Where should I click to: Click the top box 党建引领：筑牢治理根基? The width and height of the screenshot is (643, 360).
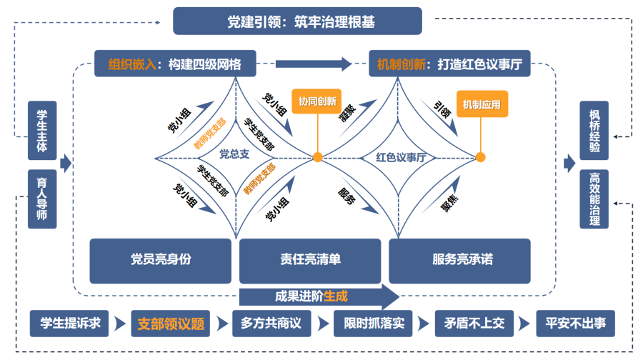pyautogui.click(x=297, y=21)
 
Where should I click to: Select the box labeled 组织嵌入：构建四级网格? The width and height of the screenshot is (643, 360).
pyautogui.click(x=175, y=64)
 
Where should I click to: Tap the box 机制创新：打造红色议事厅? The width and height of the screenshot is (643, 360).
pyautogui.click(x=449, y=64)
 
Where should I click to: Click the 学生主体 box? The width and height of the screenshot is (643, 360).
pyautogui.click(x=42, y=130)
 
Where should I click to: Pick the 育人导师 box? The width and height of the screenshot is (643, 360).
pyautogui.click(x=42, y=199)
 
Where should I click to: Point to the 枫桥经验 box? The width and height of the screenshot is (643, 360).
pyautogui.click(x=594, y=130)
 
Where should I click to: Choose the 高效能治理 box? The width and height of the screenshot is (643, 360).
pyautogui.click(x=594, y=199)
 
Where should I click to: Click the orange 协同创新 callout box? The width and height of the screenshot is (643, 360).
pyautogui.click(x=317, y=101)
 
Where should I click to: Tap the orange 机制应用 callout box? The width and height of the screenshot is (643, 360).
pyautogui.click(x=481, y=104)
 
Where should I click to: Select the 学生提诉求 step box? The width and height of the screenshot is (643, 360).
pyautogui.click(x=69, y=324)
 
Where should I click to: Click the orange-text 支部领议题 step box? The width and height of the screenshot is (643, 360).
pyautogui.click(x=171, y=324)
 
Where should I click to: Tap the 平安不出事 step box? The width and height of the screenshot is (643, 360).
pyautogui.click(x=575, y=324)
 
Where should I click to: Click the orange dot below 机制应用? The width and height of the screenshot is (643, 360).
pyautogui.click(x=480, y=157)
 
